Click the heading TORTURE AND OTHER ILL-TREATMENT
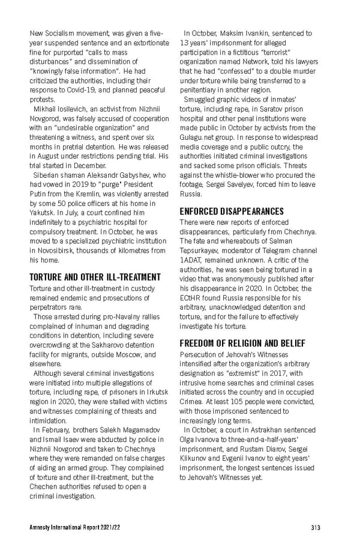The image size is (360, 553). point(95,277)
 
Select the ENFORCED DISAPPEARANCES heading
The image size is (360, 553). point(232,211)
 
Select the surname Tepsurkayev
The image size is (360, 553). point(201,251)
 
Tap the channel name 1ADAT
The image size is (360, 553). point(191,260)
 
